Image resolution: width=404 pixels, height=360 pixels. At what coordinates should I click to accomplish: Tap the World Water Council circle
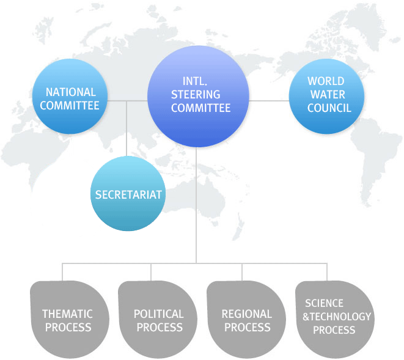point(326,95)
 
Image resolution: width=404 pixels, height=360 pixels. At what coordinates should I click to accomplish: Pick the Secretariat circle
point(128,194)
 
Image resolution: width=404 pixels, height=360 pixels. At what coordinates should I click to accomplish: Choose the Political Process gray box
point(158,320)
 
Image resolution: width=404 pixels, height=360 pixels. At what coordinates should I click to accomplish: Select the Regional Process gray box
point(246,320)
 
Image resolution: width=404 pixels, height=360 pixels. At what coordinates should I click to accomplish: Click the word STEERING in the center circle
point(196,95)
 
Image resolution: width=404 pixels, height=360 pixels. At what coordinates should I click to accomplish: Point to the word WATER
point(328,95)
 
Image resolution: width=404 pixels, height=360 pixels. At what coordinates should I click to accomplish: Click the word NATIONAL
point(71,92)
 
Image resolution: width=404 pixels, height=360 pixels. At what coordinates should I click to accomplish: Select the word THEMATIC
point(67,314)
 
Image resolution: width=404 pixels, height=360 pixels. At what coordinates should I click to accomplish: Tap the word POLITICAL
point(158,314)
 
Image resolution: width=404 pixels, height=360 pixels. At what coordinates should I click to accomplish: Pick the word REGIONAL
point(246,314)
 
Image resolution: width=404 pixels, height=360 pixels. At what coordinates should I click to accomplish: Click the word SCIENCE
point(325,303)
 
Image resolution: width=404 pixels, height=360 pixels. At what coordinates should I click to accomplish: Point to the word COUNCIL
point(329,108)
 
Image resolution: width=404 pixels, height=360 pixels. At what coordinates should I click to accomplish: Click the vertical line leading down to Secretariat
point(127,128)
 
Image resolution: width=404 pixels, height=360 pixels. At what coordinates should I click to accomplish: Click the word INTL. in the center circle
point(196,81)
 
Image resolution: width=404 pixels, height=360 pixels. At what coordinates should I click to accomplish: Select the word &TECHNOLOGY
point(337,317)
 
